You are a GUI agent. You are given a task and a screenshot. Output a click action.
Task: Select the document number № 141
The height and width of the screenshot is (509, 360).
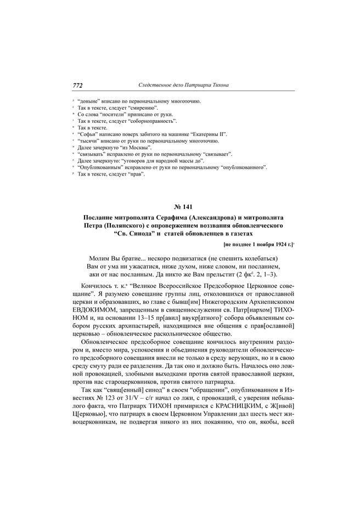tap(179, 207)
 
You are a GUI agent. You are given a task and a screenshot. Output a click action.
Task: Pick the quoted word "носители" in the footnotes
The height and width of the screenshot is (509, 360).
tap(113, 114)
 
